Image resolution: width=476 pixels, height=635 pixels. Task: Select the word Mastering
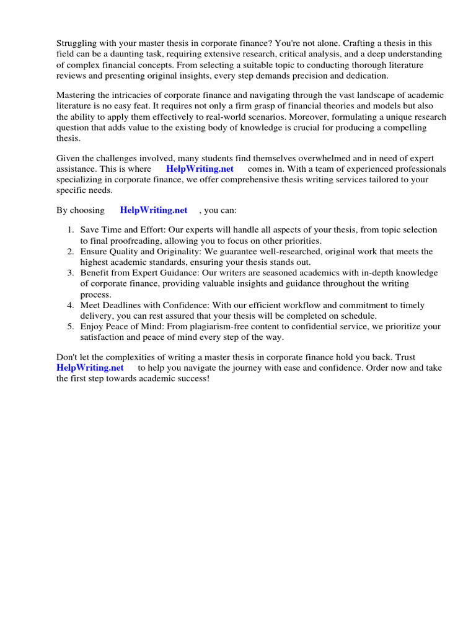[77, 95]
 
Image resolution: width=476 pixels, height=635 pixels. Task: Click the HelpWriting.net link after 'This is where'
[200, 169]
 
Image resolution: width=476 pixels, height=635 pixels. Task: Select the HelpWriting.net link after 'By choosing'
[154, 210]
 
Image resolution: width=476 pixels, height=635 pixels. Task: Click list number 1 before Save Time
[71, 230]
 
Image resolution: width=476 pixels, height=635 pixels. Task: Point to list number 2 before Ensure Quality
[71, 251]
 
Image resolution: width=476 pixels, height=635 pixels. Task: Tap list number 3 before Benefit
[71, 273]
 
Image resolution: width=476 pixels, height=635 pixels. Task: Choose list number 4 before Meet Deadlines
[71, 305]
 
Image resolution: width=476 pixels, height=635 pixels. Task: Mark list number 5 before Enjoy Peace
[71, 327]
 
